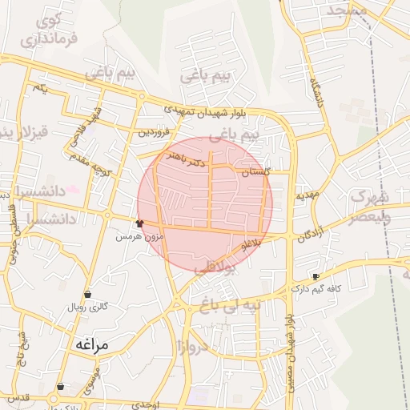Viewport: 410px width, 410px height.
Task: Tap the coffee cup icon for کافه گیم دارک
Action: tap(316, 276)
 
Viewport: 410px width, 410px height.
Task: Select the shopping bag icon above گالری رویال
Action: tap(87, 295)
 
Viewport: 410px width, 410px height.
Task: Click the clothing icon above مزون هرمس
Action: tap(140, 223)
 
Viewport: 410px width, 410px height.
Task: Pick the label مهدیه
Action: tap(307, 195)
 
